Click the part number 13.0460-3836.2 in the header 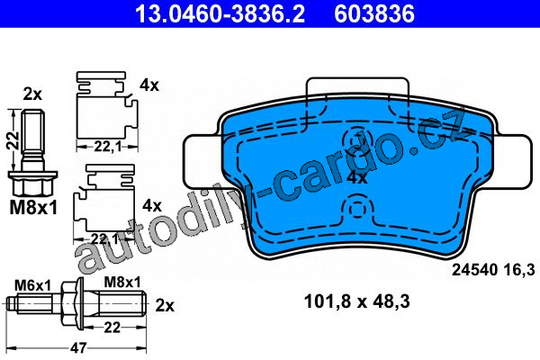click(x=220, y=13)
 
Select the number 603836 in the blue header click(x=374, y=13)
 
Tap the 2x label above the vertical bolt click(x=32, y=94)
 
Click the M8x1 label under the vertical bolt click(x=33, y=208)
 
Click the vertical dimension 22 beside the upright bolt click(x=13, y=140)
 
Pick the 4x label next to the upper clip click(x=149, y=85)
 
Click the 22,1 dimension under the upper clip click(x=107, y=147)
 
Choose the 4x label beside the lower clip click(x=152, y=206)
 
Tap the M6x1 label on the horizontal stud click(x=32, y=285)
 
